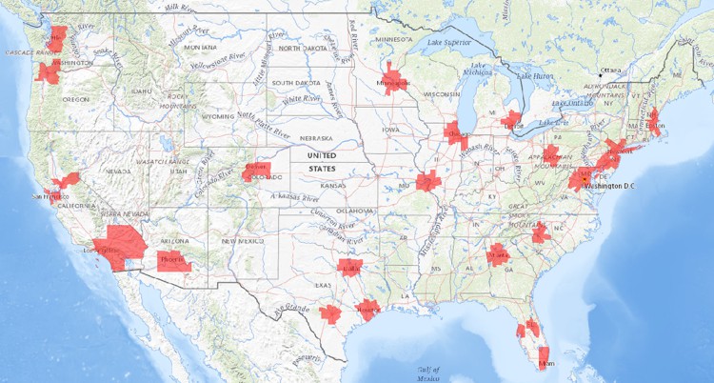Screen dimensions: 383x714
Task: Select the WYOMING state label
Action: tap(218, 117)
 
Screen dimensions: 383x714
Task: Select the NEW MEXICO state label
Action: tap(241, 241)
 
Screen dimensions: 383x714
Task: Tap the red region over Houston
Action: tap(367, 308)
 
